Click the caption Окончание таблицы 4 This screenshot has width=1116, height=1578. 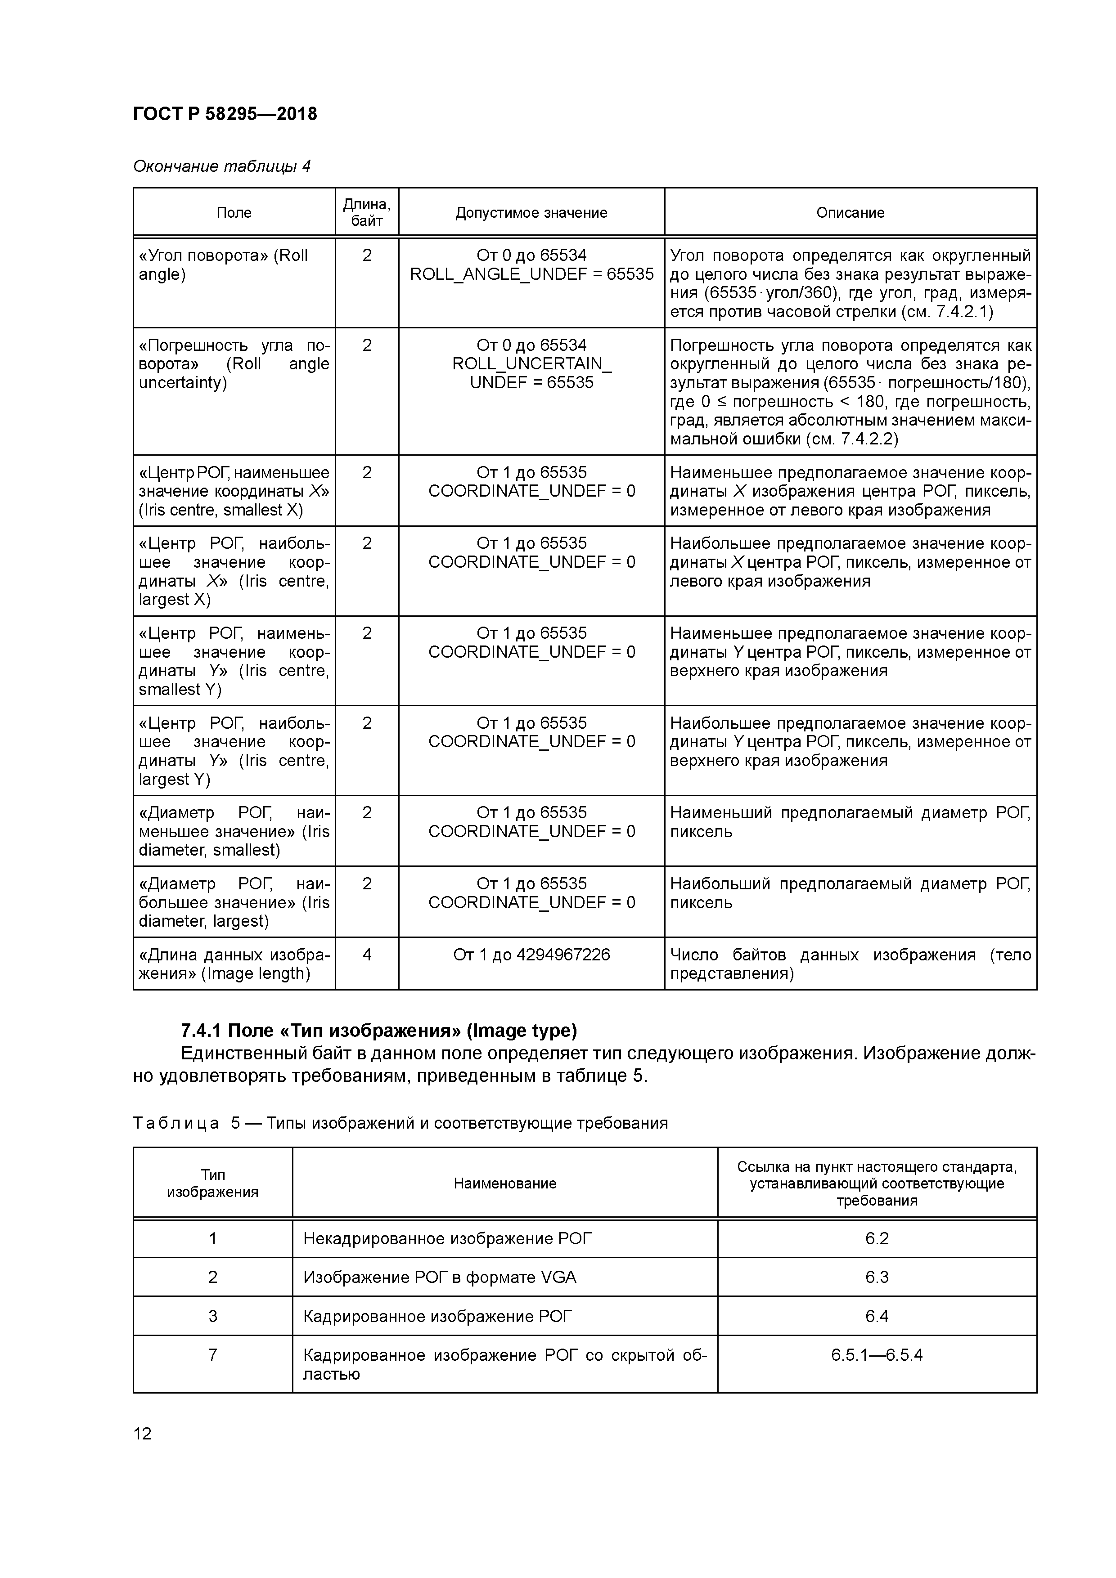click(x=221, y=166)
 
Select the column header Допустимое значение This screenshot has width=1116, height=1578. click(x=531, y=213)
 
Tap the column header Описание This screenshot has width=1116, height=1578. click(x=850, y=213)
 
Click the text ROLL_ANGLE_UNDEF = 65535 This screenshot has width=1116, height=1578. click(x=531, y=274)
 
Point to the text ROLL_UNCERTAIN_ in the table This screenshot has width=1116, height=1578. click(x=531, y=364)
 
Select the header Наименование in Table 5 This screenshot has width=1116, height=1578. click(x=505, y=1183)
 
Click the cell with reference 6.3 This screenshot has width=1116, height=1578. click(x=877, y=1278)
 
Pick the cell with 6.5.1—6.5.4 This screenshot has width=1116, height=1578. click(x=877, y=1355)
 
